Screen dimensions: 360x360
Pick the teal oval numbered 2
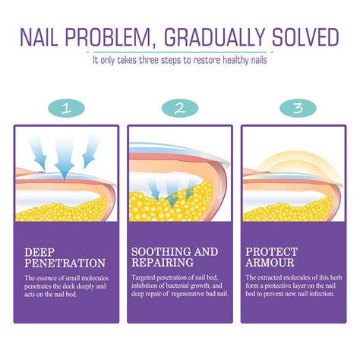click(179, 107)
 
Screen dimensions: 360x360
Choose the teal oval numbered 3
click(295, 107)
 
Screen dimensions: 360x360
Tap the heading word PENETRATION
click(65, 264)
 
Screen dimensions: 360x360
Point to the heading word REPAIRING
click(161, 264)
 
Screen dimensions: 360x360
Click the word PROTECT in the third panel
click(270, 250)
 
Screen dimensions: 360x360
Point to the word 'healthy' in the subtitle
click(241, 58)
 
